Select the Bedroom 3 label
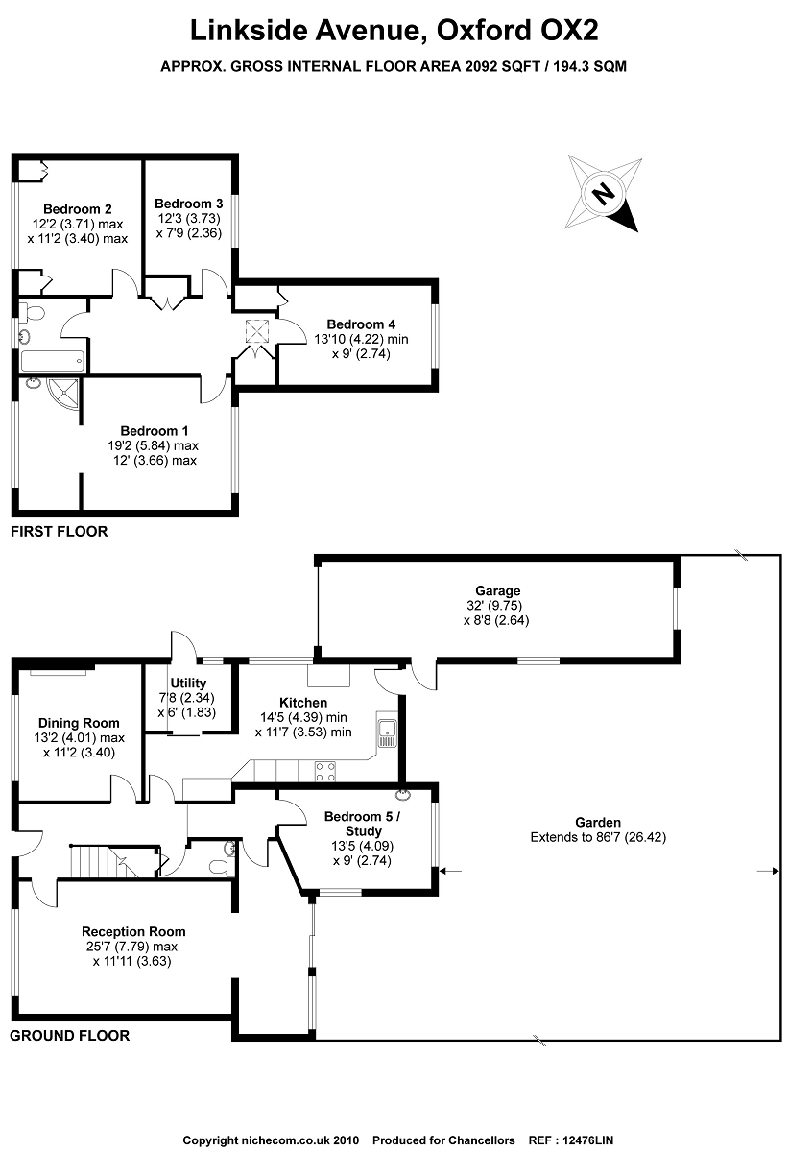coord(189,204)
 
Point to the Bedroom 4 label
coord(360,324)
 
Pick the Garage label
coord(497,591)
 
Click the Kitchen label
coord(303,703)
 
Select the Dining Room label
coord(79,723)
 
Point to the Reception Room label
coord(133,931)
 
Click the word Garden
coord(598,822)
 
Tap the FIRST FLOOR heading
coord(59,531)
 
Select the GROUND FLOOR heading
coord(69,1036)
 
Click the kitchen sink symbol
coord(388,732)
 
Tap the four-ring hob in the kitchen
coord(324,771)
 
